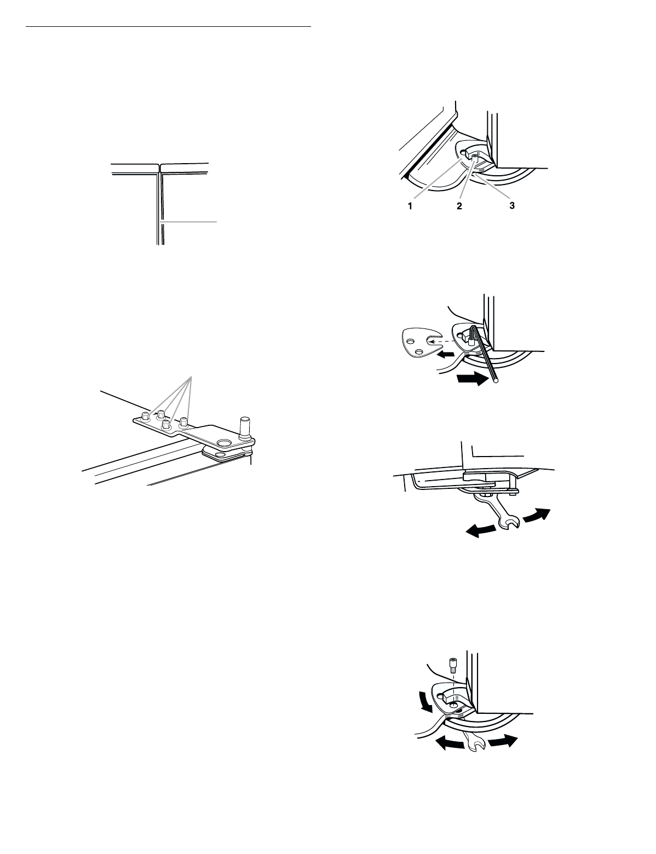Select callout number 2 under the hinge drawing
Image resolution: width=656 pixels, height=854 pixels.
tap(459, 207)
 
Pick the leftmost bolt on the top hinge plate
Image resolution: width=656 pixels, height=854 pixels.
tap(146, 417)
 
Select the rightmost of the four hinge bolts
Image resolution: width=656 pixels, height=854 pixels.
tap(185, 422)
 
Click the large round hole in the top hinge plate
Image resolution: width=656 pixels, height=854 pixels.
tap(223, 441)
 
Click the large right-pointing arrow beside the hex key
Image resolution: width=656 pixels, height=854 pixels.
tap(471, 378)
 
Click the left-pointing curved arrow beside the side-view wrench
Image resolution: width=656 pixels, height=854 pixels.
tap(481, 529)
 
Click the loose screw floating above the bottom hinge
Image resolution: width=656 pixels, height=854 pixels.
tap(453, 667)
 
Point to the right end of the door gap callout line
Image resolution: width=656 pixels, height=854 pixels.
tap(217, 221)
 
